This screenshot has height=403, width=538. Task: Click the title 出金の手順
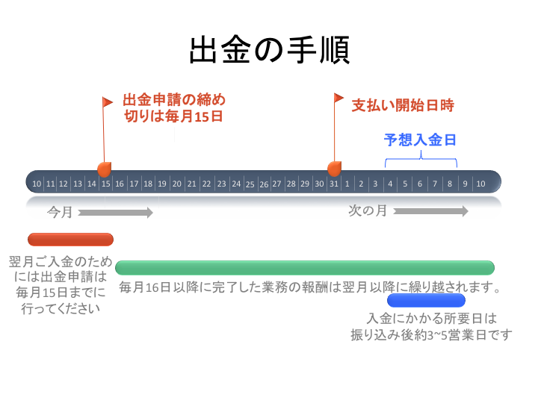[269, 51]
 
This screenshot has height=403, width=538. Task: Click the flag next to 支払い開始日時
[338, 99]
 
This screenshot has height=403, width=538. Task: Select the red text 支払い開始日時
[403, 106]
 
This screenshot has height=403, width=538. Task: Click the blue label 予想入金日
[420, 140]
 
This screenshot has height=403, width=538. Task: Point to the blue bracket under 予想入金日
[421, 159]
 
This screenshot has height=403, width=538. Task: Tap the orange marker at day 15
[105, 169]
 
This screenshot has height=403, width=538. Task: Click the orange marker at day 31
[334, 169]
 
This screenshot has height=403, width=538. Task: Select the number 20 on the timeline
[177, 184]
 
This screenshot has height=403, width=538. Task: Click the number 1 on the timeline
[347, 184]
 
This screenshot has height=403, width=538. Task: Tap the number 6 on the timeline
[420, 184]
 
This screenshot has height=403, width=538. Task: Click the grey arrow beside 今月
[115, 213]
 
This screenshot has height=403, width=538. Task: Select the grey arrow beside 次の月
[430, 211]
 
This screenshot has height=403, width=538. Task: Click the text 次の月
[368, 210]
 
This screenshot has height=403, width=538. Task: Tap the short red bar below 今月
[70, 240]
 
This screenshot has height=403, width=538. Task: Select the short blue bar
[426, 301]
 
